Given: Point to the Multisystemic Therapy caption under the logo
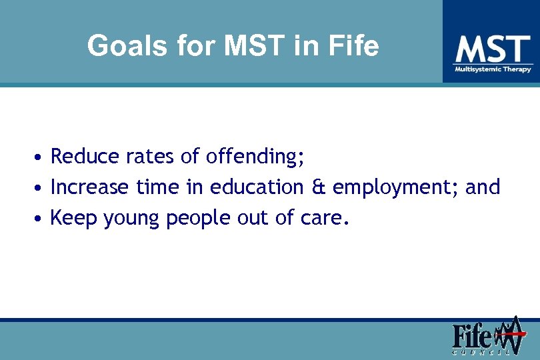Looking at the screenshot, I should click(x=493, y=69).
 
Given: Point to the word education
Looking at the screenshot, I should click(x=256, y=187).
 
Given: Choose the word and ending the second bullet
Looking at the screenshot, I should click(x=483, y=187).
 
